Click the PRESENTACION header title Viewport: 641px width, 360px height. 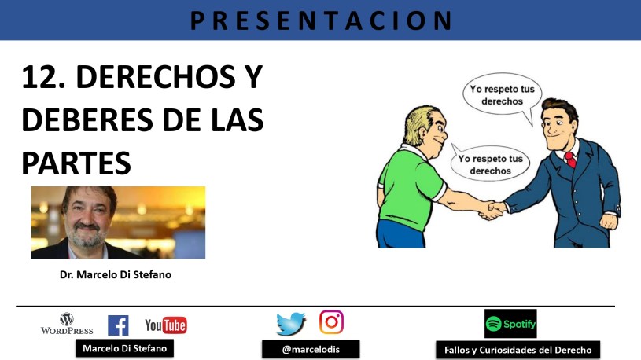322,20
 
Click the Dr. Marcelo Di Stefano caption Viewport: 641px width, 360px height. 116,274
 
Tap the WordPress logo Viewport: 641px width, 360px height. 67,324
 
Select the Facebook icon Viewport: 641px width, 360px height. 118,325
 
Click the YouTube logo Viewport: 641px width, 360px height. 166,325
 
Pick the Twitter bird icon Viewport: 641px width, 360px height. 291,324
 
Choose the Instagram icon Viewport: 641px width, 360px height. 332,322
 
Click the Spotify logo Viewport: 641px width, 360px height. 510,324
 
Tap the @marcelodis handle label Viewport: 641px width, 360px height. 311,349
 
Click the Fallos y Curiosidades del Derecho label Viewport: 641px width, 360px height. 518,351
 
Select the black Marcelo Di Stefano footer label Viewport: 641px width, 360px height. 125,348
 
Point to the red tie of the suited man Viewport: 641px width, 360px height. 570,160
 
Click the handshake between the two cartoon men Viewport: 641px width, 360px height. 492,210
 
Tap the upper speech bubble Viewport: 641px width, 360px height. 502,95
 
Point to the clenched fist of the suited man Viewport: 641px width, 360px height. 608,221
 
